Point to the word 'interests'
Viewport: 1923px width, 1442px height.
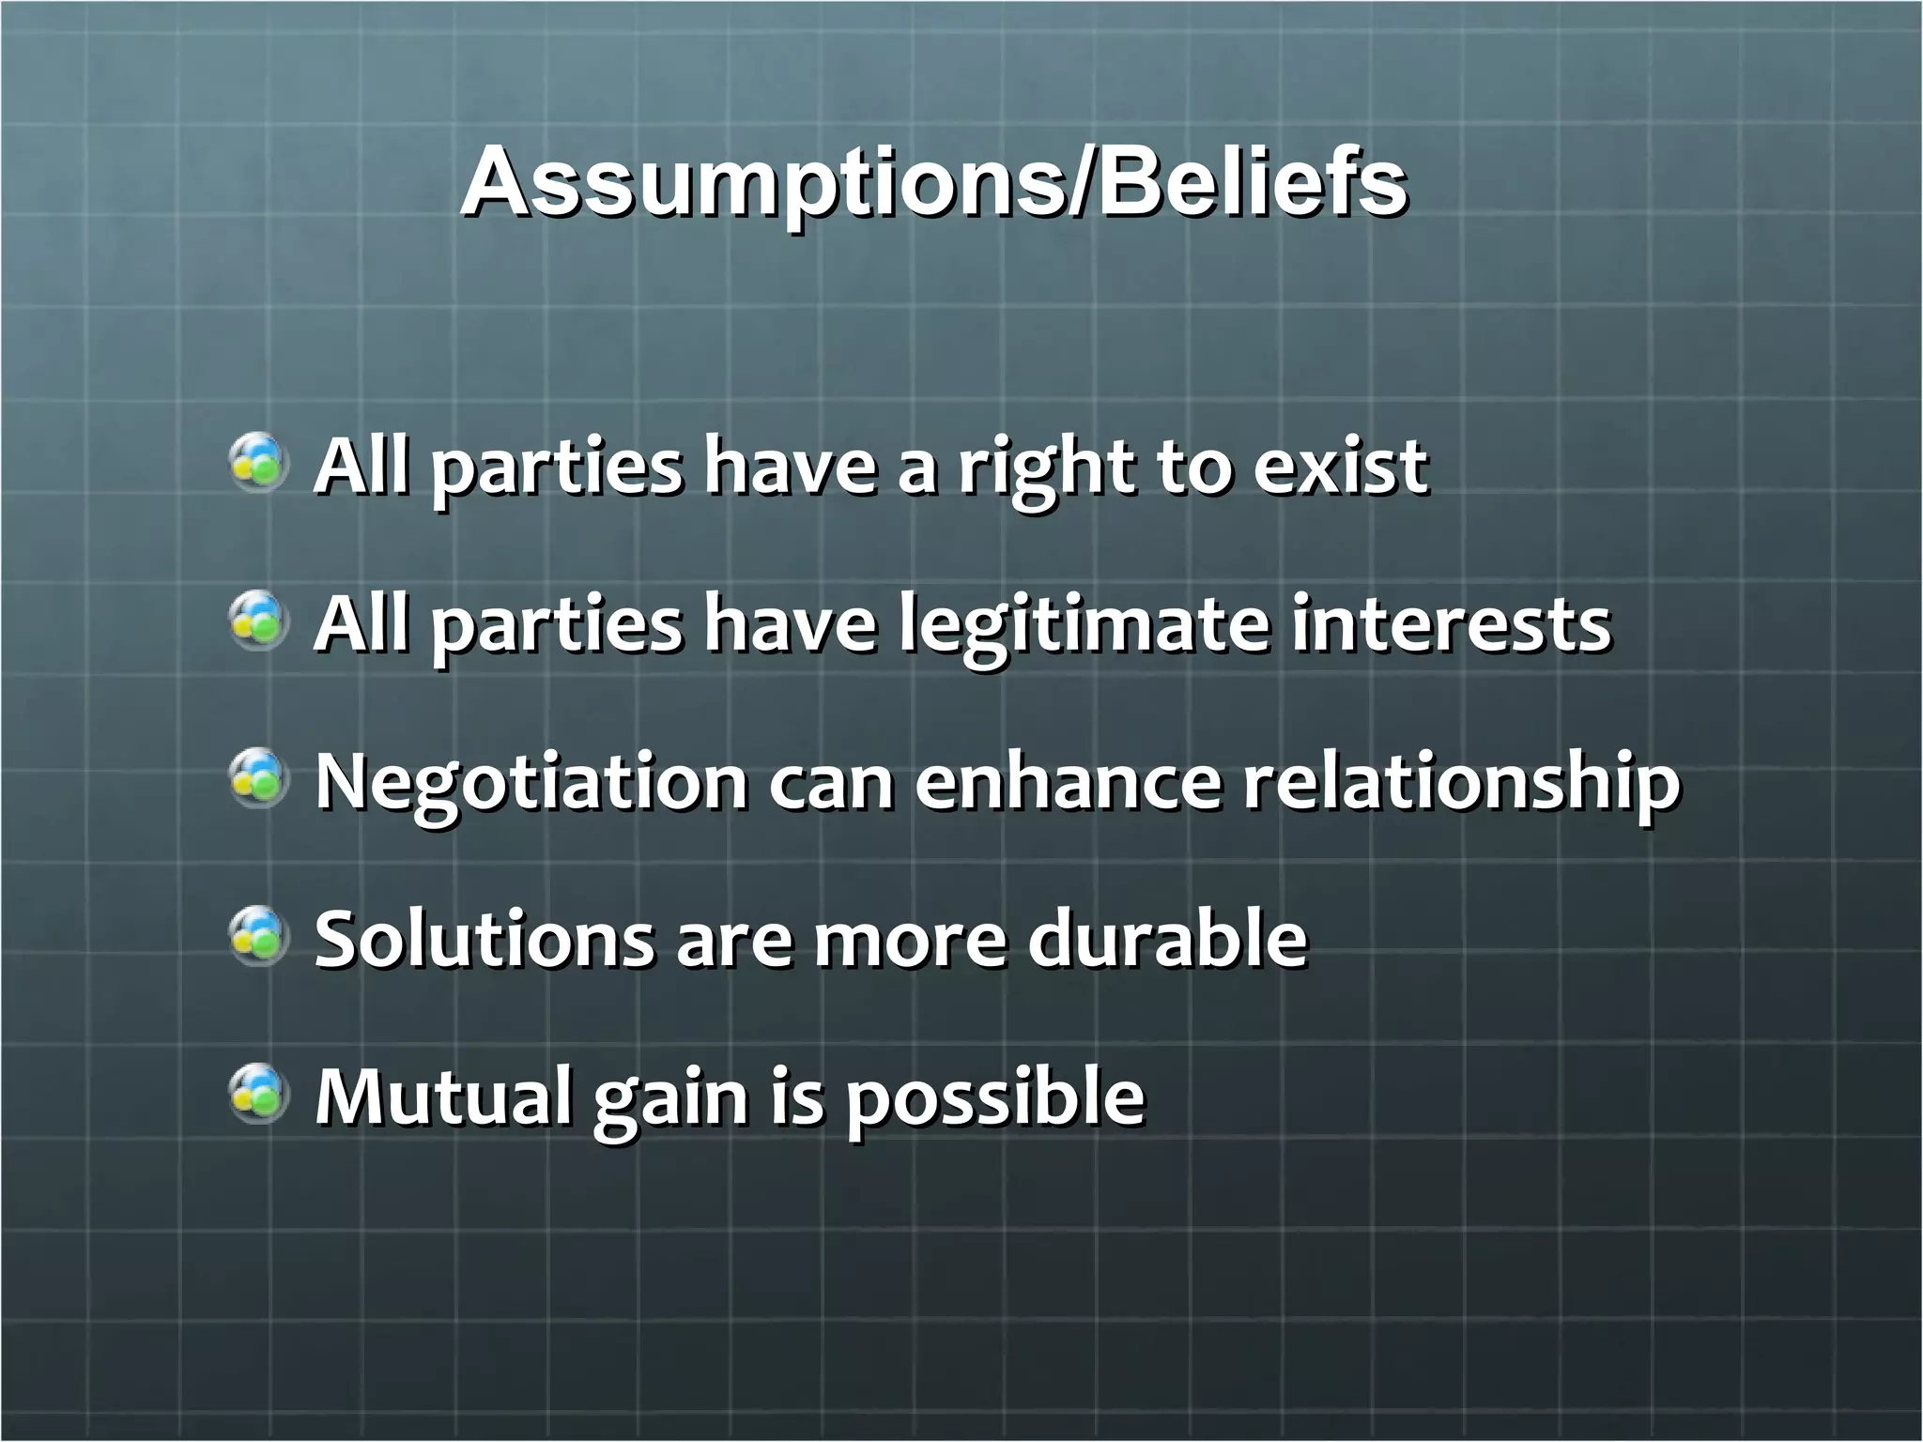pos(1450,625)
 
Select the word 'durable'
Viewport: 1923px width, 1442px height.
pos(1167,939)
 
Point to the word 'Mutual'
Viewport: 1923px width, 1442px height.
pos(442,1096)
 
